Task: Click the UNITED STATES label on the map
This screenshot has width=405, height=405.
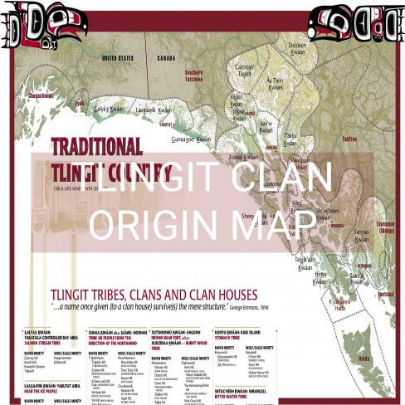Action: click(118, 59)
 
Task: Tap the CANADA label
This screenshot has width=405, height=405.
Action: click(166, 59)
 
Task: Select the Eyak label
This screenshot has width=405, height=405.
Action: click(80, 104)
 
